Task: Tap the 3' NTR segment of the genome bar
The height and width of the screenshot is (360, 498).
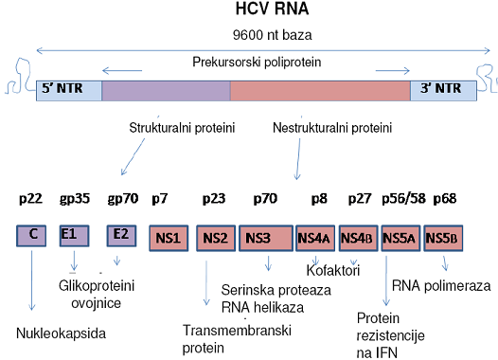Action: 440,91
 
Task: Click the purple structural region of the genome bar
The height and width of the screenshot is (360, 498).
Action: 166,91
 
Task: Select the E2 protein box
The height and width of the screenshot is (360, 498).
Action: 121,235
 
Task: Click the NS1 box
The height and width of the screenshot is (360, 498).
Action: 169,237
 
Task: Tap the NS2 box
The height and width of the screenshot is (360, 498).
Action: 216,237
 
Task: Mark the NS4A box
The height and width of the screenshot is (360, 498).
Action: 313,237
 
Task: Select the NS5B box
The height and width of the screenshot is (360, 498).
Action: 444,237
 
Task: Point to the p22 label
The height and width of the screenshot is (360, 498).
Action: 30,201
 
